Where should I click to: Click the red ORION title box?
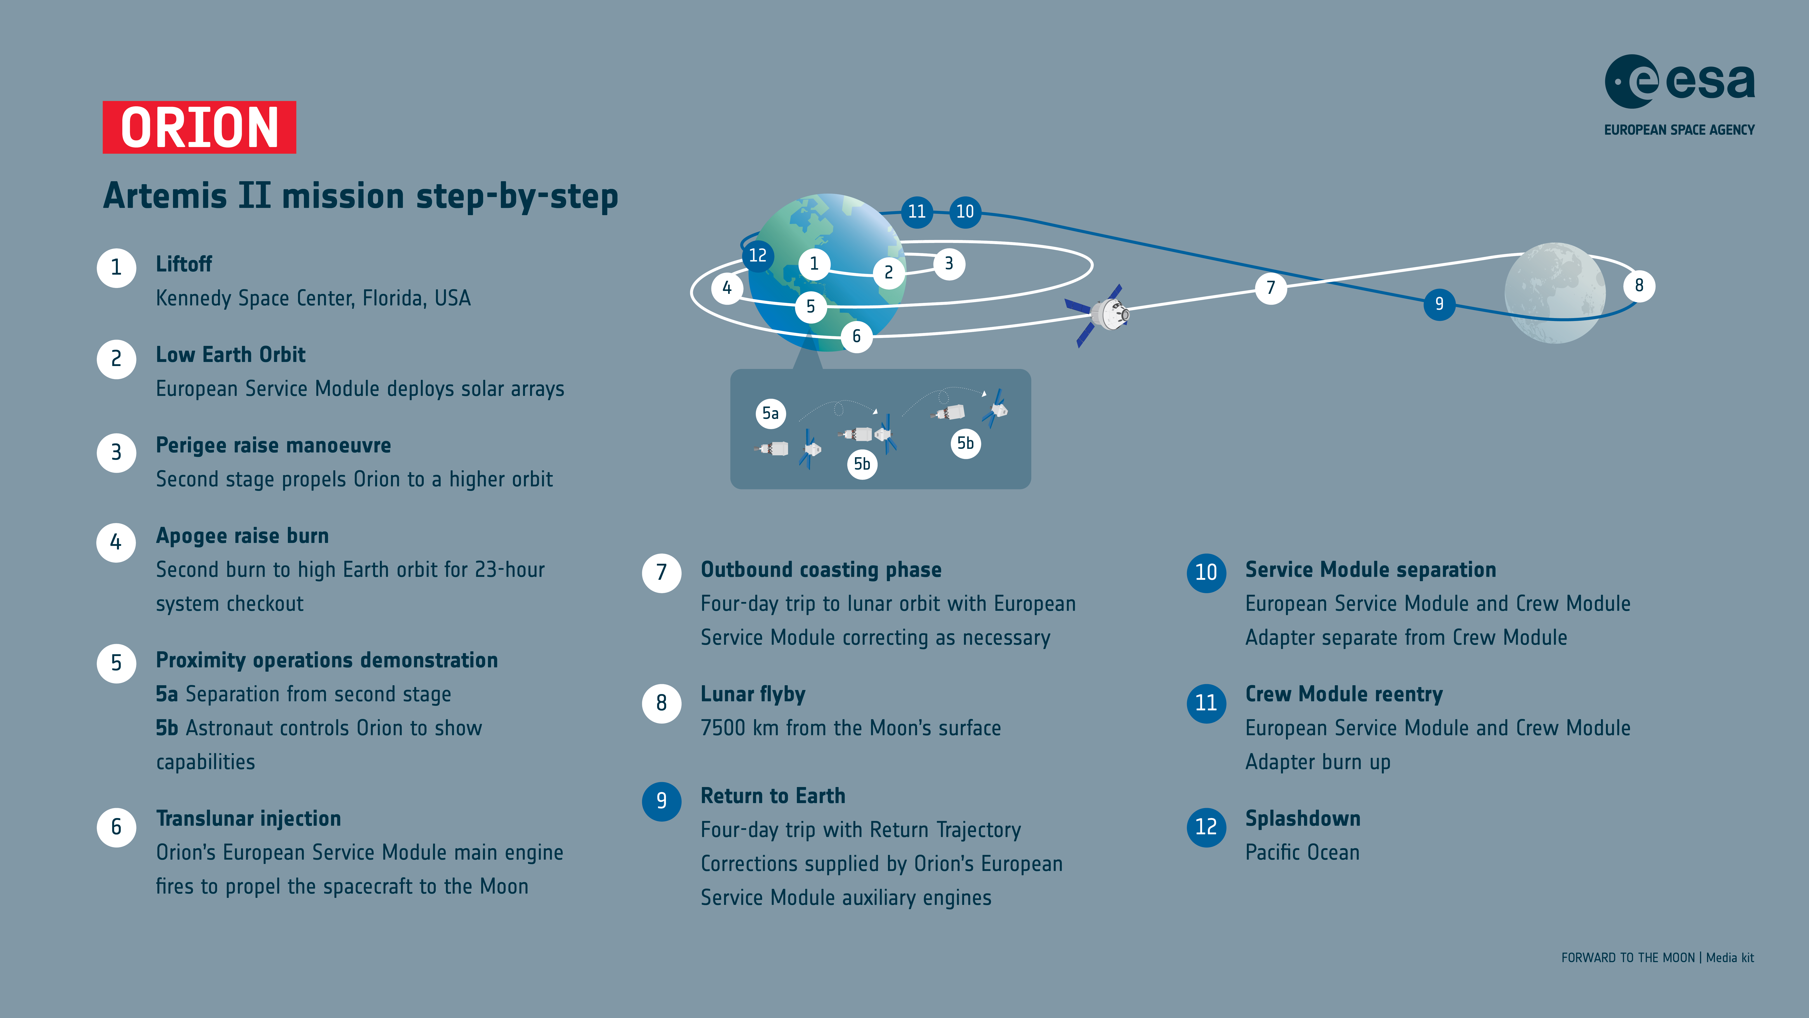[199, 127]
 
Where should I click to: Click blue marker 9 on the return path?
[1439, 304]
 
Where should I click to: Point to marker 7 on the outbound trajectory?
[1270, 287]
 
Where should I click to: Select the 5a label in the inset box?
[770, 413]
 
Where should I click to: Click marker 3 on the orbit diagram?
[949, 264]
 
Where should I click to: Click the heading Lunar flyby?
[753, 694]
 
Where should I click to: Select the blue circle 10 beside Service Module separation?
[1206, 573]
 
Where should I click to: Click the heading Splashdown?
[1303, 818]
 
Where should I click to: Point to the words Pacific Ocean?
[1302, 853]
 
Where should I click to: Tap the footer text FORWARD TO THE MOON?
[1628, 958]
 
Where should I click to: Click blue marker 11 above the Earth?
[916, 212]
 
